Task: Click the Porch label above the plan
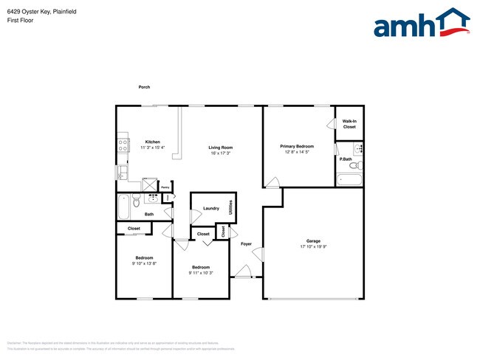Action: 144,87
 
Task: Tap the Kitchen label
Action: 152,142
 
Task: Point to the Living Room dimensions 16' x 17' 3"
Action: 222,153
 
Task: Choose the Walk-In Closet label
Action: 349,123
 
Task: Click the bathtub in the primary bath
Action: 349,179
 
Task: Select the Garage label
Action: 314,240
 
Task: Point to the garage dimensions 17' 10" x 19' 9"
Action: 314,246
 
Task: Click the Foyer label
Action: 246,243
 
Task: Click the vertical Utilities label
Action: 231,207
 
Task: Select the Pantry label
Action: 165,187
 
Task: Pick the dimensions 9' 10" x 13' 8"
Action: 144,263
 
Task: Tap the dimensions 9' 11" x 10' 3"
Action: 202,273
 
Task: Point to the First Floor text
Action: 20,21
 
